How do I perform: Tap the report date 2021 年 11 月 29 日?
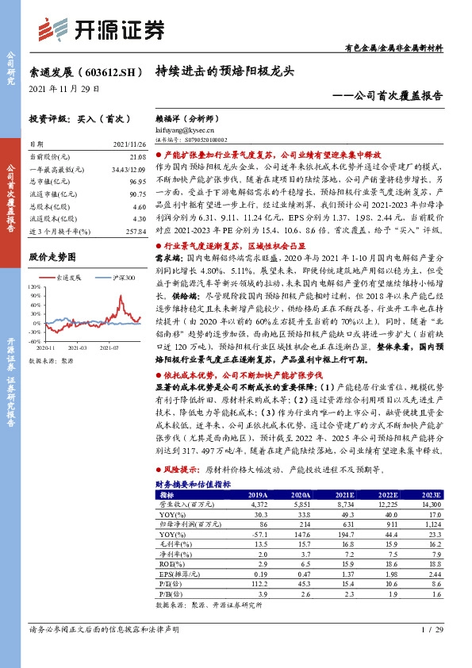pyautogui.click(x=64, y=89)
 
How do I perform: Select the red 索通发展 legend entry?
pyautogui.click(x=67, y=278)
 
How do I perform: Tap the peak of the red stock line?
pyautogui.click(x=121, y=295)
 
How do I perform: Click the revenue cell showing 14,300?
pyautogui.click(x=429, y=505)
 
